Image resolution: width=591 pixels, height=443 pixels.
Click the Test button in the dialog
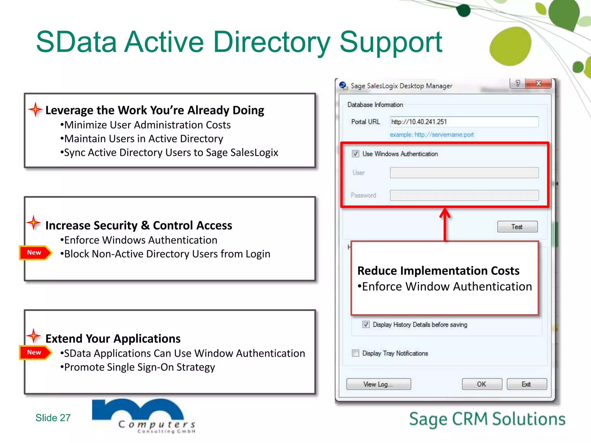(x=517, y=227)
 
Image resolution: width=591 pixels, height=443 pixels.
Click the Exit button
(x=526, y=384)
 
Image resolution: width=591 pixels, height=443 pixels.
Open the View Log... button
(x=378, y=384)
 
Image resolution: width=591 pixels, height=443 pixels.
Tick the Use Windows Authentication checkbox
(x=356, y=154)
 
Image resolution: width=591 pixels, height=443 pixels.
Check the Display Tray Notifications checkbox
(x=356, y=353)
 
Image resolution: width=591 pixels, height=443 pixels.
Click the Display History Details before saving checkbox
(x=366, y=324)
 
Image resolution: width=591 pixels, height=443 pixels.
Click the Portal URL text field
(x=464, y=122)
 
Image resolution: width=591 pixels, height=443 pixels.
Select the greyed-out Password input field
(x=464, y=195)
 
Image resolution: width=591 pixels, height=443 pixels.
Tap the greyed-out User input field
(x=464, y=173)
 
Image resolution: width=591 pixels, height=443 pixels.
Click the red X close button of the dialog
(x=538, y=83)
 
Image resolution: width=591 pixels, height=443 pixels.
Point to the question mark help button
(x=518, y=83)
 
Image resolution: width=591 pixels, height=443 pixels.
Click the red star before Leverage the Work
(x=35, y=109)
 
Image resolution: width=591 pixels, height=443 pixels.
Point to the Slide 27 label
(x=53, y=418)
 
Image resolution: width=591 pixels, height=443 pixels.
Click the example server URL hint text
(x=432, y=135)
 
